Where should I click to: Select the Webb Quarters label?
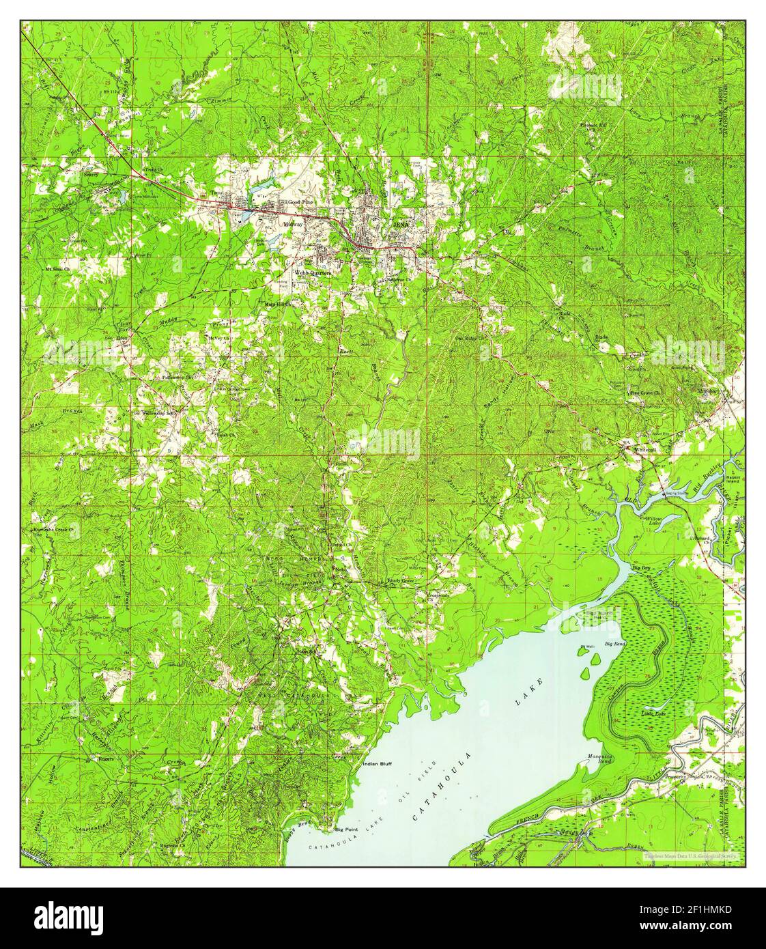[x=312, y=272]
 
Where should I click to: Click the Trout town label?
[x=217, y=193]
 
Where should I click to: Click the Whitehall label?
[x=644, y=450]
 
